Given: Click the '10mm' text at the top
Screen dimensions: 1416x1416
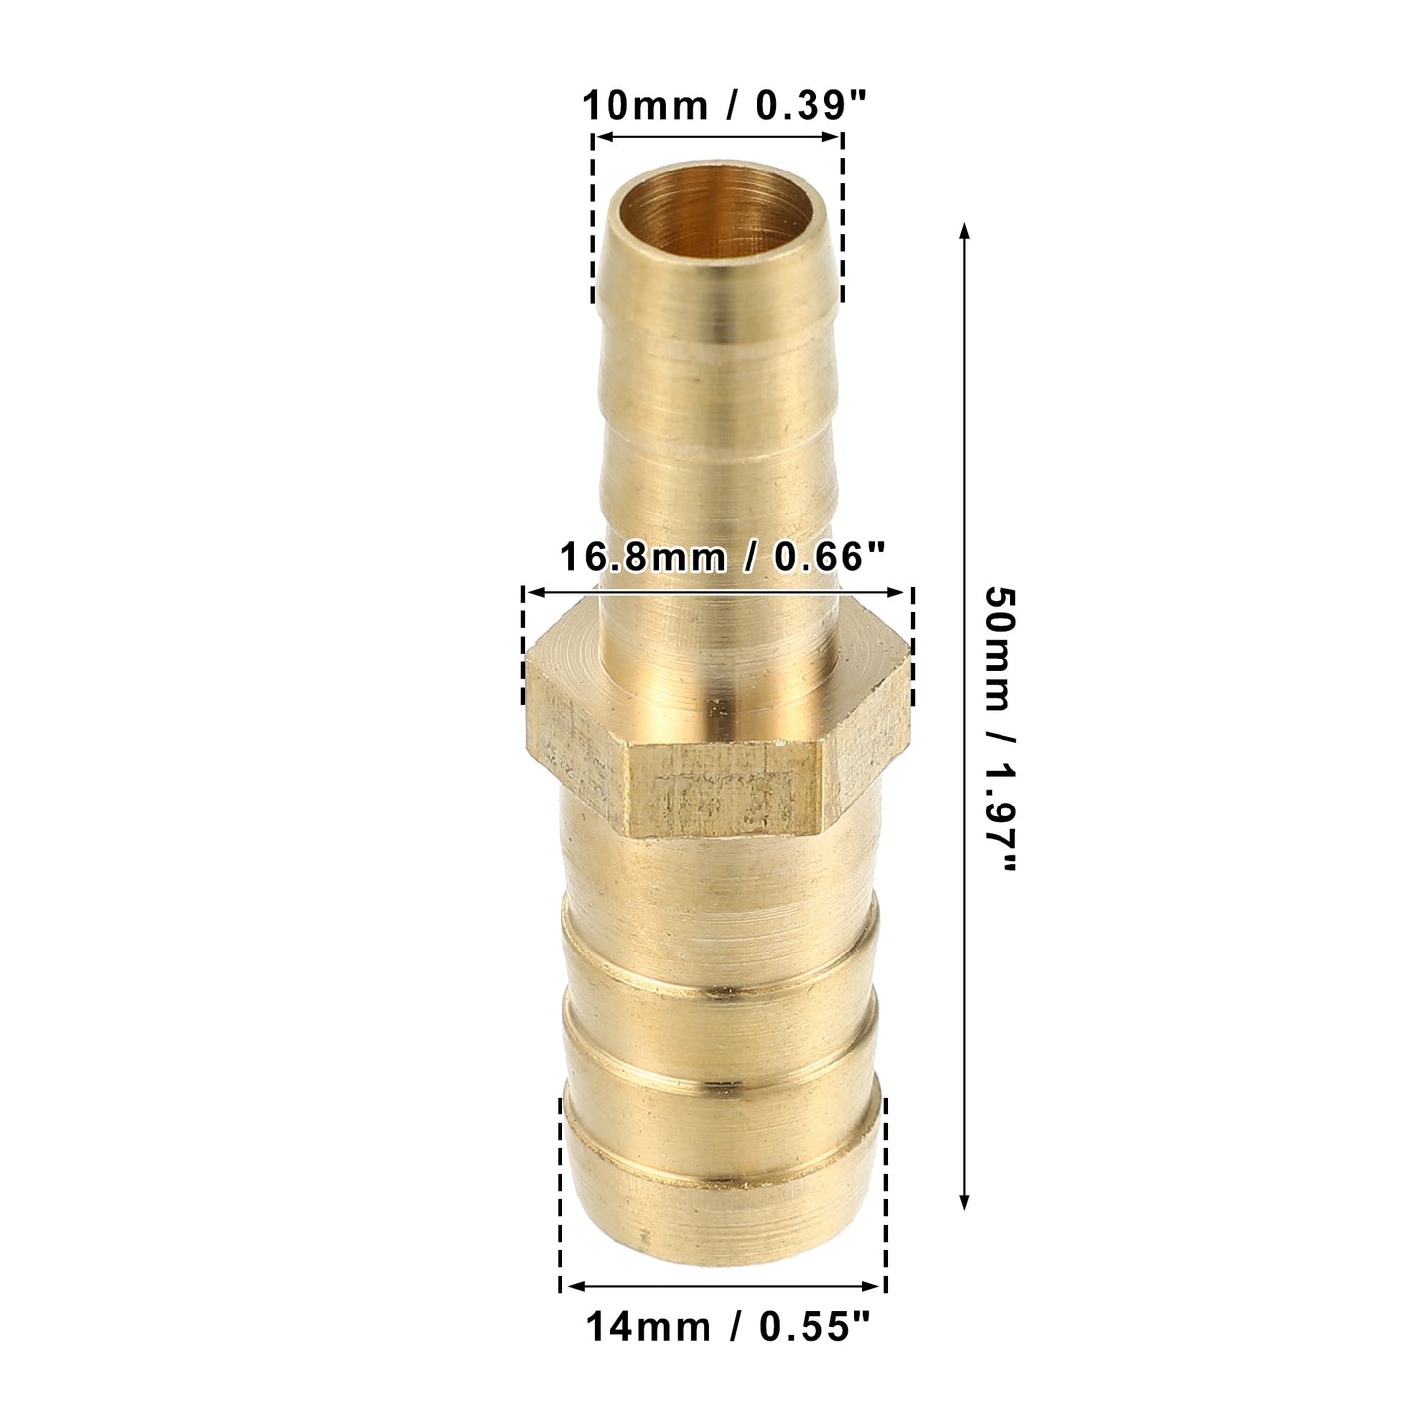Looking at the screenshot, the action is point(645,105).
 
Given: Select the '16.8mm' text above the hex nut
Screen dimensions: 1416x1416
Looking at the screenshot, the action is point(642,557).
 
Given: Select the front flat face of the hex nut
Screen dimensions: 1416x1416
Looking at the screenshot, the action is point(724,789).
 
